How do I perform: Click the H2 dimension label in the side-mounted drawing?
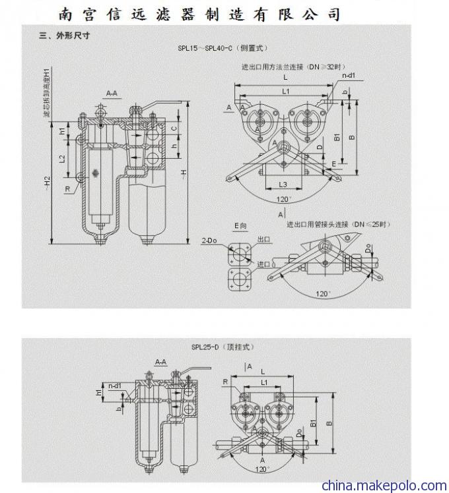coord(47,181)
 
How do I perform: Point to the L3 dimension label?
coord(282,184)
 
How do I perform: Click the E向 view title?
coord(239,226)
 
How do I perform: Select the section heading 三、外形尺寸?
coord(63,36)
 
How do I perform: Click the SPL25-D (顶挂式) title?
coord(222,346)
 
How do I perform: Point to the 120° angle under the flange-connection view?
coord(284,199)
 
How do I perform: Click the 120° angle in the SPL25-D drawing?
coord(263,469)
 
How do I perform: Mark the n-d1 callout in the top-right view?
coord(349,76)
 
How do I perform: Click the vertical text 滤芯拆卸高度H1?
coord(46,93)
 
